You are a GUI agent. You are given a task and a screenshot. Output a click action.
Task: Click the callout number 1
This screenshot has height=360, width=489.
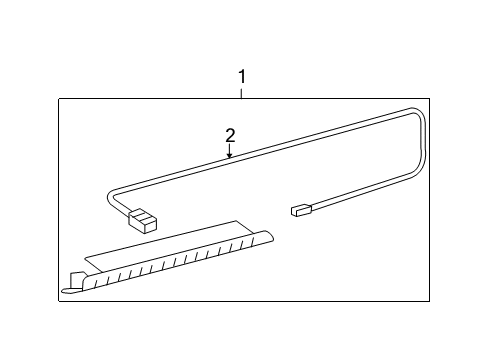tap(241, 76)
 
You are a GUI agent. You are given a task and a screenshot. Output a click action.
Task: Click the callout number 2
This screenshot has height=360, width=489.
tap(230, 135)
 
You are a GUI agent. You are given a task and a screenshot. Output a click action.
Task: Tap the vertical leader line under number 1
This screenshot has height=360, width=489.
tap(241, 92)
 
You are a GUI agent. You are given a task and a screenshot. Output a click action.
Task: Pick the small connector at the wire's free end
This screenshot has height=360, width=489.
tap(300, 211)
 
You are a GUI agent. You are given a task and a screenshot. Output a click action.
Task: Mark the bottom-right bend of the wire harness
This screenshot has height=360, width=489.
tap(412, 180)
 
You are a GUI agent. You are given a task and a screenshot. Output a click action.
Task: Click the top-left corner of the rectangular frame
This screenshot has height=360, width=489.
tap(58, 98)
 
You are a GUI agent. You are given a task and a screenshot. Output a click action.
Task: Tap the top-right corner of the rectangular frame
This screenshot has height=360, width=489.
tap(430, 98)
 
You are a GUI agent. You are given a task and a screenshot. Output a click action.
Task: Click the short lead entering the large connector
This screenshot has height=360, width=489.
tap(124, 209)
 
